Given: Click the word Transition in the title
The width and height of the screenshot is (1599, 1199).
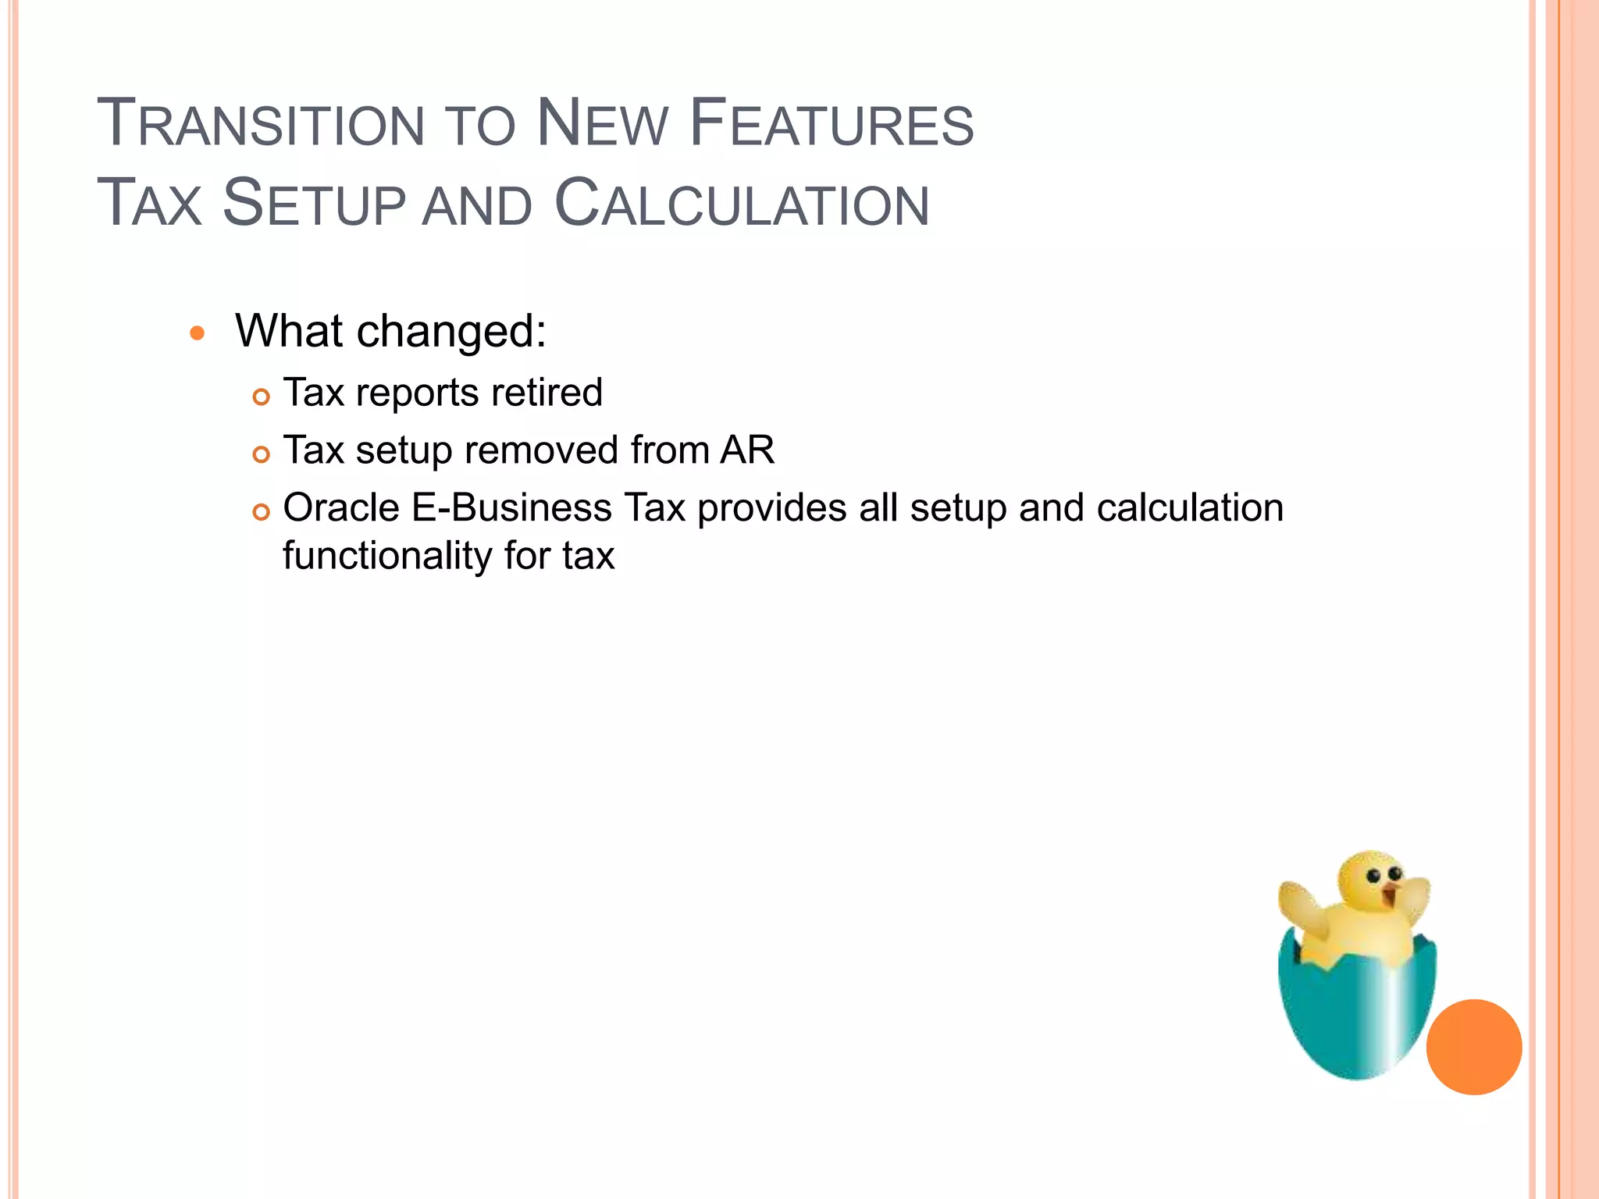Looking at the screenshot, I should [x=260, y=123].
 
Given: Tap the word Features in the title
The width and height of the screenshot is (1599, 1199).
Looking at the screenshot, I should [x=832, y=123].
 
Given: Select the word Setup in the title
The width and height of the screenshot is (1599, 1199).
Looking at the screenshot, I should [x=314, y=204].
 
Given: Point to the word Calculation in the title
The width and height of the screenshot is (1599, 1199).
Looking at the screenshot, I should [x=742, y=204].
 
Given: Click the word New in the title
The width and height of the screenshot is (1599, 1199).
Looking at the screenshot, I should [x=603, y=123].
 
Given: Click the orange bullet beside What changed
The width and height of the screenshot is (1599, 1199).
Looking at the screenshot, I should [x=197, y=333].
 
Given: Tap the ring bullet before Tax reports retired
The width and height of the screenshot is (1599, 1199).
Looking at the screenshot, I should [x=261, y=397].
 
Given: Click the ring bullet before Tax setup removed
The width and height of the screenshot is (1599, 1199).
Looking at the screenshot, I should [x=261, y=454].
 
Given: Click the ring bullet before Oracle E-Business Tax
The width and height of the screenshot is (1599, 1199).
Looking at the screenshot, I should [x=261, y=512].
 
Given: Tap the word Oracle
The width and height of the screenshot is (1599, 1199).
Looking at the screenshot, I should [x=341, y=508].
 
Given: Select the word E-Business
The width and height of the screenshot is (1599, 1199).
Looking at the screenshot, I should [x=511, y=508].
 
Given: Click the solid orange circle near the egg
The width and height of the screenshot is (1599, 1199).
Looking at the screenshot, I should [x=1473, y=1047].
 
